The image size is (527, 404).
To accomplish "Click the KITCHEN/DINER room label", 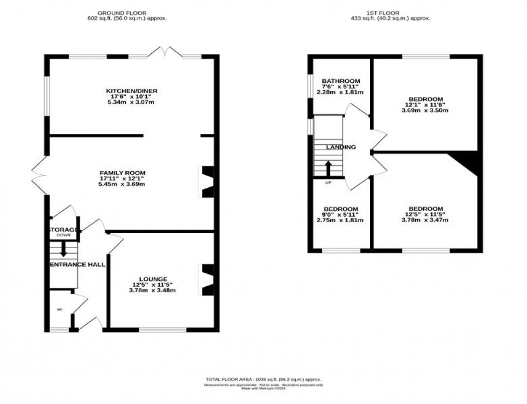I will coord(131,91).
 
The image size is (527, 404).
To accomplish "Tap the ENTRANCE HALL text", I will coord(77,265).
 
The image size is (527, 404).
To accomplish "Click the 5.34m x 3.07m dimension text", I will coord(131,102).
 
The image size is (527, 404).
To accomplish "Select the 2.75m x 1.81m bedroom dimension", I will coord(341,220).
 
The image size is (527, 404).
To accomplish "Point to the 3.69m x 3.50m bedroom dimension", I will coord(425,110).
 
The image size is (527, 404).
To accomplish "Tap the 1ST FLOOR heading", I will coord(396,12).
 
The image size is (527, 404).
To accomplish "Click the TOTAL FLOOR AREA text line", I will coord(263,380).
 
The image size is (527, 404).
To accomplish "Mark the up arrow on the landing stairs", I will coord(327,168).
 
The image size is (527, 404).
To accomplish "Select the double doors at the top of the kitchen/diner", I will coord(165,53).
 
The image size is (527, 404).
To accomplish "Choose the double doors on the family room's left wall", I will coord(39,175).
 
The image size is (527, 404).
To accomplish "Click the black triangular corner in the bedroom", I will coord(467,160).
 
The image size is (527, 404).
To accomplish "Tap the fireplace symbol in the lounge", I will coord(207,280).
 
